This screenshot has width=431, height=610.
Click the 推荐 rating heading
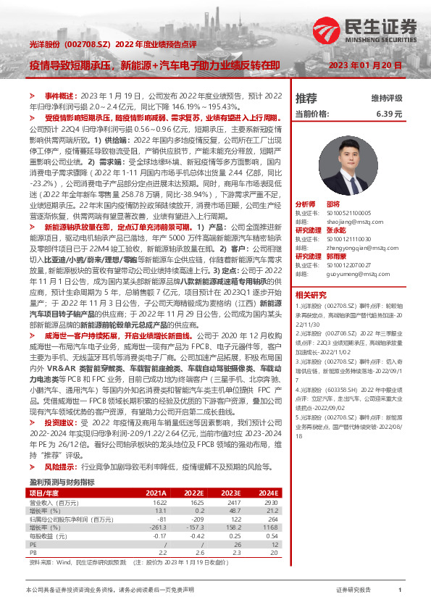[x=306, y=98]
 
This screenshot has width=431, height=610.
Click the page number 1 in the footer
[x=400, y=591]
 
